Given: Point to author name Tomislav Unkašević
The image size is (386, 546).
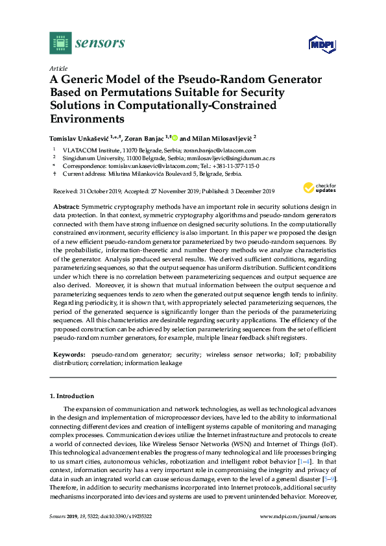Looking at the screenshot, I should point(79,137).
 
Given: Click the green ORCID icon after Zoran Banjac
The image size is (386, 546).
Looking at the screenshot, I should point(175,137).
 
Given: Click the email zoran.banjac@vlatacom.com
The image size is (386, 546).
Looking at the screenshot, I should point(211,149).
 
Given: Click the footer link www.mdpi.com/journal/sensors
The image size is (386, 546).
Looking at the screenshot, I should point(298,517).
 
